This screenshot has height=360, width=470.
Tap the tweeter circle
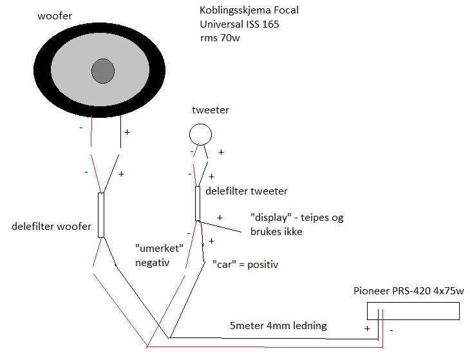pyautogui.click(x=200, y=134)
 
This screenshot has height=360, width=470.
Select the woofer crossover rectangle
pyautogui.click(x=100, y=214)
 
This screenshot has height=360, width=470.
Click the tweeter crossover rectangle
pyautogui.click(x=198, y=204)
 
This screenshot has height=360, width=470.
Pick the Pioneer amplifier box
pyautogui.click(x=413, y=311)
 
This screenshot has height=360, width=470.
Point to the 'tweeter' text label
pyautogui.click(x=211, y=110)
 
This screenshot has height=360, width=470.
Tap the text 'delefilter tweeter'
pyautogui.click(x=246, y=191)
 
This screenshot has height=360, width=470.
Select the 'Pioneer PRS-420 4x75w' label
pyautogui.click(x=408, y=290)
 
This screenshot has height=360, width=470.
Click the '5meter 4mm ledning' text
pyautogui.click(x=278, y=326)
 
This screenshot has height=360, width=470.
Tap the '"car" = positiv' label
pyautogui.click(x=245, y=264)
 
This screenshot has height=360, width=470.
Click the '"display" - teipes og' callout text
pyautogui.click(x=296, y=218)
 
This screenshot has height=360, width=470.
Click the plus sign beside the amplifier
pyautogui.click(x=368, y=328)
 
